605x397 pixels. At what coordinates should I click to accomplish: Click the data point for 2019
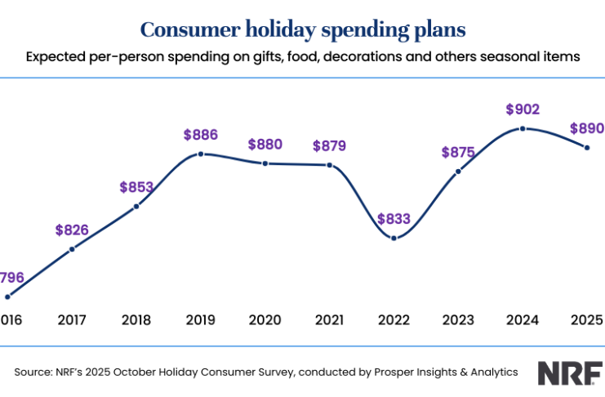[x=200, y=154]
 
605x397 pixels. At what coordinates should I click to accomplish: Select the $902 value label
[x=523, y=109]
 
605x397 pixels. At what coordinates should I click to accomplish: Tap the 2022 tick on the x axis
[x=394, y=319]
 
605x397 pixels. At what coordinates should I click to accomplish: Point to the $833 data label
[x=394, y=219]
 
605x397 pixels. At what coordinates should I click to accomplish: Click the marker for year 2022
[x=394, y=238]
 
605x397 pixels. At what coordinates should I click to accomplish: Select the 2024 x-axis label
[x=523, y=319]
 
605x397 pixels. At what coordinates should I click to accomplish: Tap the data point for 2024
[x=523, y=129]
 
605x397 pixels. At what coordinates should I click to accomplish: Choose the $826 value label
[x=72, y=230]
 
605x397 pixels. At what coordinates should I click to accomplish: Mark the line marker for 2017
[x=72, y=248]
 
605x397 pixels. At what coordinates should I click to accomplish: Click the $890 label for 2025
[x=587, y=127]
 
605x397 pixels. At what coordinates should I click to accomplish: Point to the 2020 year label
[x=265, y=319]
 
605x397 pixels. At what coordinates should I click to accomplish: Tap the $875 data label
[x=458, y=152]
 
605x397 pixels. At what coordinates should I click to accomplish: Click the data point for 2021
[x=329, y=165]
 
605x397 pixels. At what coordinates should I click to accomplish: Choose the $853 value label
[x=136, y=187]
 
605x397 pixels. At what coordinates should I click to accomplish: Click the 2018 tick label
[x=136, y=319]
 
